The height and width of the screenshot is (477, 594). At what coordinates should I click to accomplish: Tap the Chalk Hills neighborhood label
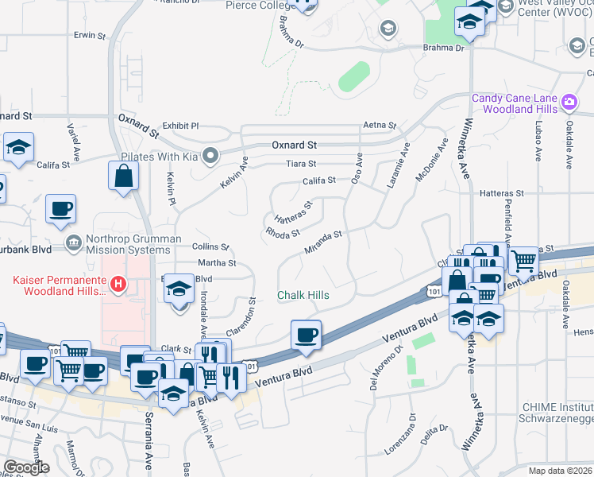pos(303,296)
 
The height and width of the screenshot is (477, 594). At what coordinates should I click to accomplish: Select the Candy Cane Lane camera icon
pos(569,102)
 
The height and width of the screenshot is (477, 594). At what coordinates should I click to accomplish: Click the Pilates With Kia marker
pos(210,156)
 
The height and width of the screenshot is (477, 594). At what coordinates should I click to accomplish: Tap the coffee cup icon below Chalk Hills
pos(306,335)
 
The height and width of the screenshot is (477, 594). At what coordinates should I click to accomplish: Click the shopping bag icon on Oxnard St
pos(124,178)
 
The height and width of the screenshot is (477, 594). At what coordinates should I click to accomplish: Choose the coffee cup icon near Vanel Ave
pos(61,210)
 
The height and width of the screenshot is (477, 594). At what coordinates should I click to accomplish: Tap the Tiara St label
pos(301,165)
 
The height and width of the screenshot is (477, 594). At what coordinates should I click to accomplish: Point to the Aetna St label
pos(379,126)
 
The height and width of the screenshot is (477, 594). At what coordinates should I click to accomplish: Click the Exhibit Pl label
pos(180,126)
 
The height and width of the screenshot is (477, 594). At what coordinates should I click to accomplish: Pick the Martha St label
pos(217,262)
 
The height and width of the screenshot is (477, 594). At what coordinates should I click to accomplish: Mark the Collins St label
pos(210,247)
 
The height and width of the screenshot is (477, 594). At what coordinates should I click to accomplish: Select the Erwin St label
pos(89,36)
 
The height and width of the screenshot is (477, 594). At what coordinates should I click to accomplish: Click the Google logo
pos(26,467)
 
